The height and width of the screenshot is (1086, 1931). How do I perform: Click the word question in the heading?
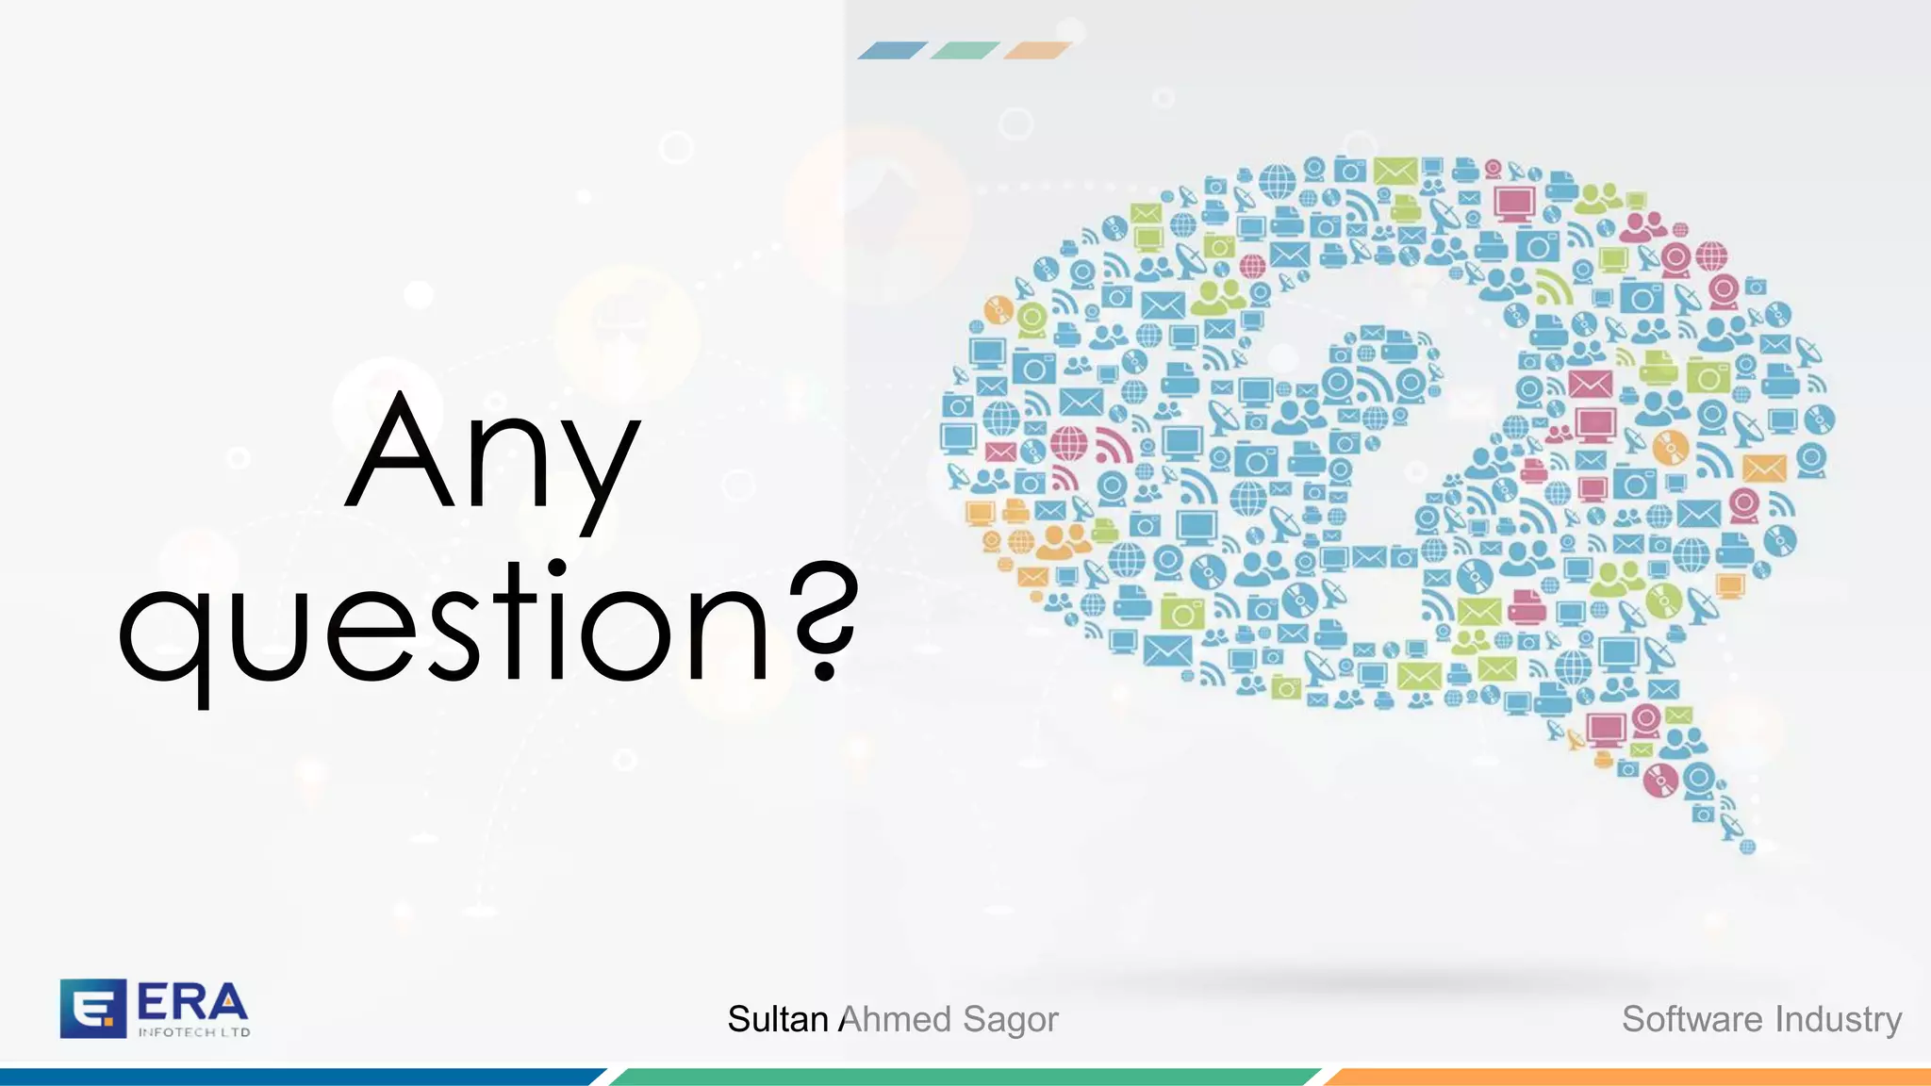(x=443, y=622)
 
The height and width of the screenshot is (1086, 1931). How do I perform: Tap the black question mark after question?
(x=824, y=617)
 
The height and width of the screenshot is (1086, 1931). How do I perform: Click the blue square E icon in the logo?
(x=92, y=1008)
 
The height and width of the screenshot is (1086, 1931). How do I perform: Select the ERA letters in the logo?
(x=192, y=1001)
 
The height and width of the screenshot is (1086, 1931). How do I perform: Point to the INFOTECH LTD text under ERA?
(x=194, y=1032)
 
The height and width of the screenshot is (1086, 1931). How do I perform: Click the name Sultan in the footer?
(x=777, y=1019)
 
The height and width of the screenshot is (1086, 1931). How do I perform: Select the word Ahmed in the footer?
(x=895, y=1019)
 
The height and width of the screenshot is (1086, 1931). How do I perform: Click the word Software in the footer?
(x=1692, y=1019)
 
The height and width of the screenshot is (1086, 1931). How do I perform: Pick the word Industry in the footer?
(x=1839, y=1020)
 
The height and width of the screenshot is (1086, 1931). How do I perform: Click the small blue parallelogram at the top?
(x=892, y=51)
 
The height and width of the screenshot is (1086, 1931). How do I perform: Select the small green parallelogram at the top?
(x=965, y=51)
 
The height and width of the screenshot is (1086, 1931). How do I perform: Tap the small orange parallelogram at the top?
(x=1037, y=51)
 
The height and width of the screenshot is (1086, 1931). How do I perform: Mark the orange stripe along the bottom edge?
(x=1631, y=1077)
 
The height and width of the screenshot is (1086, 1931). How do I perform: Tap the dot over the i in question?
(x=556, y=568)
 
